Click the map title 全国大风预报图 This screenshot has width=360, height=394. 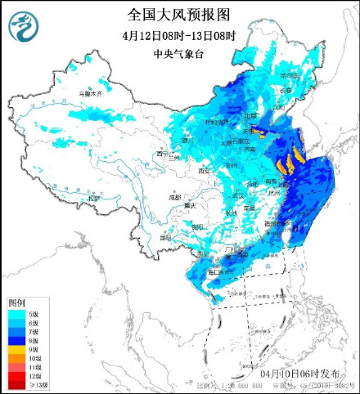coord(179,14)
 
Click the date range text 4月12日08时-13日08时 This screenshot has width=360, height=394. coord(179,35)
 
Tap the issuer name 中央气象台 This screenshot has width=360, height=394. coord(179,55)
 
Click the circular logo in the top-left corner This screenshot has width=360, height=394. coord(23,26)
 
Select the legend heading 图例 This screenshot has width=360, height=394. coord(17,302)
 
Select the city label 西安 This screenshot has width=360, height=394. coord(205,171)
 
